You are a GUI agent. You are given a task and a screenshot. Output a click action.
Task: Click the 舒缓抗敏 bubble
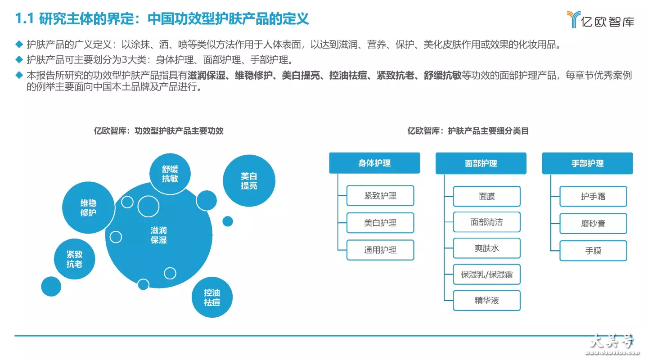(x=170, y=174)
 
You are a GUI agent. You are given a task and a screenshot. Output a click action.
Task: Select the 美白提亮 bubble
(x=249, y=181)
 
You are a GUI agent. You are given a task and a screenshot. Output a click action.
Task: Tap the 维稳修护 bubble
(x=88, y=207)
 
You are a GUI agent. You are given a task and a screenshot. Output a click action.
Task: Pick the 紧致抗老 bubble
(x=74, y=259)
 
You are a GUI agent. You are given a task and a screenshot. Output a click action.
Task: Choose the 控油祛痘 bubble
(x=212, y=297)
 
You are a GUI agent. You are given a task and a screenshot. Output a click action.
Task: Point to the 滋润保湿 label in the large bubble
(x=158, y=235)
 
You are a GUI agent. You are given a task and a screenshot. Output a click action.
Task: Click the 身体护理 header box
(x=374, y=163)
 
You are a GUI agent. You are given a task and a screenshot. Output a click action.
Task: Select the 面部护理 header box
(x=481, y=163)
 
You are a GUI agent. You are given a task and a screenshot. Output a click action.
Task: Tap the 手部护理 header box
(x=587, y=163)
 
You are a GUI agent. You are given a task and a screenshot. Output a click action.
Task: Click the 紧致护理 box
(x=380, y=196)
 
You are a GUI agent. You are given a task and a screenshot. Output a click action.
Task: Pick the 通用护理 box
(x=380, y=250)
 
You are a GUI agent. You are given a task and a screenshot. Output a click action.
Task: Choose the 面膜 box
(x=486, y=197)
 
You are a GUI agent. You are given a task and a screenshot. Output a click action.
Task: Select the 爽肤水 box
(x=486, y=248)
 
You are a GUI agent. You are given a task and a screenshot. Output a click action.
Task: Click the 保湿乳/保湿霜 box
(x=486, y=274)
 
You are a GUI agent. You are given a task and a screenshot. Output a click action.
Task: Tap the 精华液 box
(x=486, y=301)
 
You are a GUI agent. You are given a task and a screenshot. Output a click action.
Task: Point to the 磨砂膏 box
(x=593, y=223)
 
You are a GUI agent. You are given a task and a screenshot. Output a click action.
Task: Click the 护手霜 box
(x=593, y=197)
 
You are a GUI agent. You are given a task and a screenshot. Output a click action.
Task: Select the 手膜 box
(x=593, y=251)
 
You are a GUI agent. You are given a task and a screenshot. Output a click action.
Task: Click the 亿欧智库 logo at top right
(x=601, y=19)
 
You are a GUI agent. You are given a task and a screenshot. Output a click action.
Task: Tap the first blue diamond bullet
(x=19, y=44)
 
